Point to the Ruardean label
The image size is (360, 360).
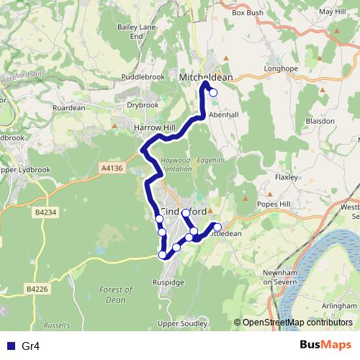click(69, 109)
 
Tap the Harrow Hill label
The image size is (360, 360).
click(155, 127)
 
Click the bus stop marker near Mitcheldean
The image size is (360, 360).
click(212, 91)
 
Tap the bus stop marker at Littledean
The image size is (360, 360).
click(218, 228)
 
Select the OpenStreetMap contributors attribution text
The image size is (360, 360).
click(297, 322)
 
